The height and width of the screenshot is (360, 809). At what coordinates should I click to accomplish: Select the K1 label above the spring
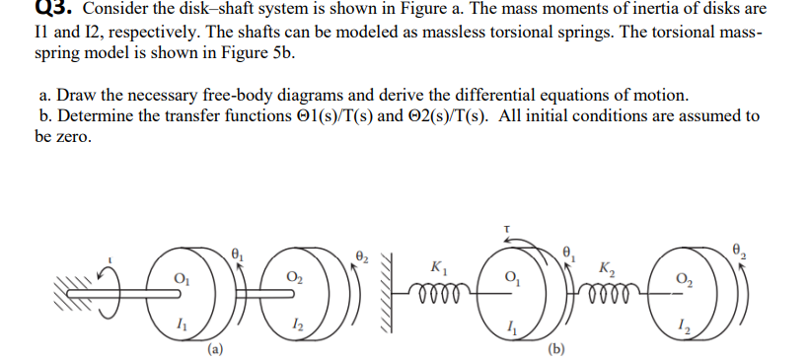436,265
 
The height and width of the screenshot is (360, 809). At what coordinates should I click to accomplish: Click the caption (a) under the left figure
215,347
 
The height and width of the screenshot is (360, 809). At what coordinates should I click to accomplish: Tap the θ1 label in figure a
235,252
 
